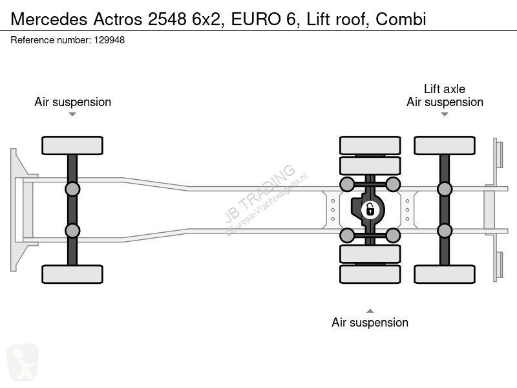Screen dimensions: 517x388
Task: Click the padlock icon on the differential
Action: click(370, 210)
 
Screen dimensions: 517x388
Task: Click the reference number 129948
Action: click(109, 40)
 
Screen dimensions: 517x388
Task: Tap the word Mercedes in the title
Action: click(49, 19)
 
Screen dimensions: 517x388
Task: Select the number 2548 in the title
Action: click(167, 19)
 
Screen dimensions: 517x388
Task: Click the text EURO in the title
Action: click(256, 19)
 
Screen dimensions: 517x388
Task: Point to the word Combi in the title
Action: click(401, 19)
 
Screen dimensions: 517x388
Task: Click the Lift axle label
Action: click(445, 89)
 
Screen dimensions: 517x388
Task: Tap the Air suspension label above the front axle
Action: click(72, 102)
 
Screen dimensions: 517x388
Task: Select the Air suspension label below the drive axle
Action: click(370, 322)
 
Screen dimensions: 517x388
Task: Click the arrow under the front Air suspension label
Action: click(72, 114)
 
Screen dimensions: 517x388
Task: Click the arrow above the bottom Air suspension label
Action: click(370, 311)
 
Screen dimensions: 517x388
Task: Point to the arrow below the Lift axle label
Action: click(445, 114)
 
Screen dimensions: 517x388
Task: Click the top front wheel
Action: click(72, 145)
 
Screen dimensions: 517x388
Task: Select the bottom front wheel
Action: click(72, 274)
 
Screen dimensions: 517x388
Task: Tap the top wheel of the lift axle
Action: click(445, 145)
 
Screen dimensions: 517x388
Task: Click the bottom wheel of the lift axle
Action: click(445, 274)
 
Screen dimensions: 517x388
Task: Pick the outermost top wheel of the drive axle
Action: click(370, 145)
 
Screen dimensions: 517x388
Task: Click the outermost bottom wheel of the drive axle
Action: click(370, 274)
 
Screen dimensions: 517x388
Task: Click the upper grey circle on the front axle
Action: click(72, 189)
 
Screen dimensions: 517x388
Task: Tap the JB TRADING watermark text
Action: click(260, 193)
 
